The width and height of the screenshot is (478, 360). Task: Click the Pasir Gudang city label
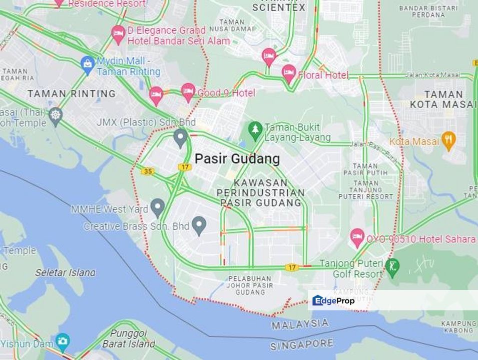point(237,159)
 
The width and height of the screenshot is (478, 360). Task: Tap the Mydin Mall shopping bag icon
point(88,64)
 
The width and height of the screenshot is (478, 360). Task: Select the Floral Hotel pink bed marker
point(288,73)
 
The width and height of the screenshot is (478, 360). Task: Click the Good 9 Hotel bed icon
point(188,91)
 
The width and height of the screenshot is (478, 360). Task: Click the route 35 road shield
point(147,171)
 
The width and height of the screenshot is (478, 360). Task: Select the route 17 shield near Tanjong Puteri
point(291,267)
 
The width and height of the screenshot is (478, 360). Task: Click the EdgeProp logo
point(333,300)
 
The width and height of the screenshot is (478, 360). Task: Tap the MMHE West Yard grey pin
point(158,206)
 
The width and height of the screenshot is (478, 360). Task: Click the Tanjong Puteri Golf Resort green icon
point(393,265)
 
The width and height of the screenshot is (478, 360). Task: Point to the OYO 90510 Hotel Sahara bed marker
point(357,237)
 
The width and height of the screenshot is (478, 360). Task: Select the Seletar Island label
point(65,272)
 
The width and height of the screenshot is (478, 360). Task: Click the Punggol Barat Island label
point(129,338)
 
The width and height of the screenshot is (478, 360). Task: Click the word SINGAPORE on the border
point(302,344)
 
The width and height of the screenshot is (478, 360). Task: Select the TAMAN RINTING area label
point(71,93)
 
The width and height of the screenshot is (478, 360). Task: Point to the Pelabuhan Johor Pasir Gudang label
point(250,285)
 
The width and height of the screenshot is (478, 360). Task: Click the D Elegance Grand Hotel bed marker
point(118,33)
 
